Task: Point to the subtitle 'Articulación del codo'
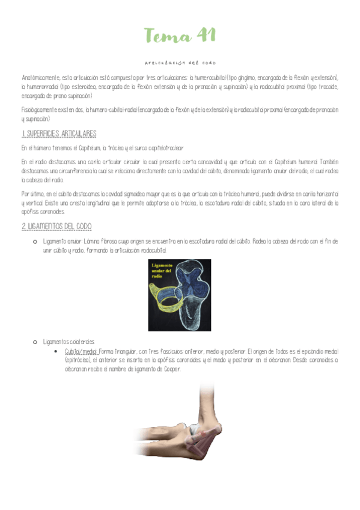180,63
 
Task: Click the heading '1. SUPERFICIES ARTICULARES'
59,134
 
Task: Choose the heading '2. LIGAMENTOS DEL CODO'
56,226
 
